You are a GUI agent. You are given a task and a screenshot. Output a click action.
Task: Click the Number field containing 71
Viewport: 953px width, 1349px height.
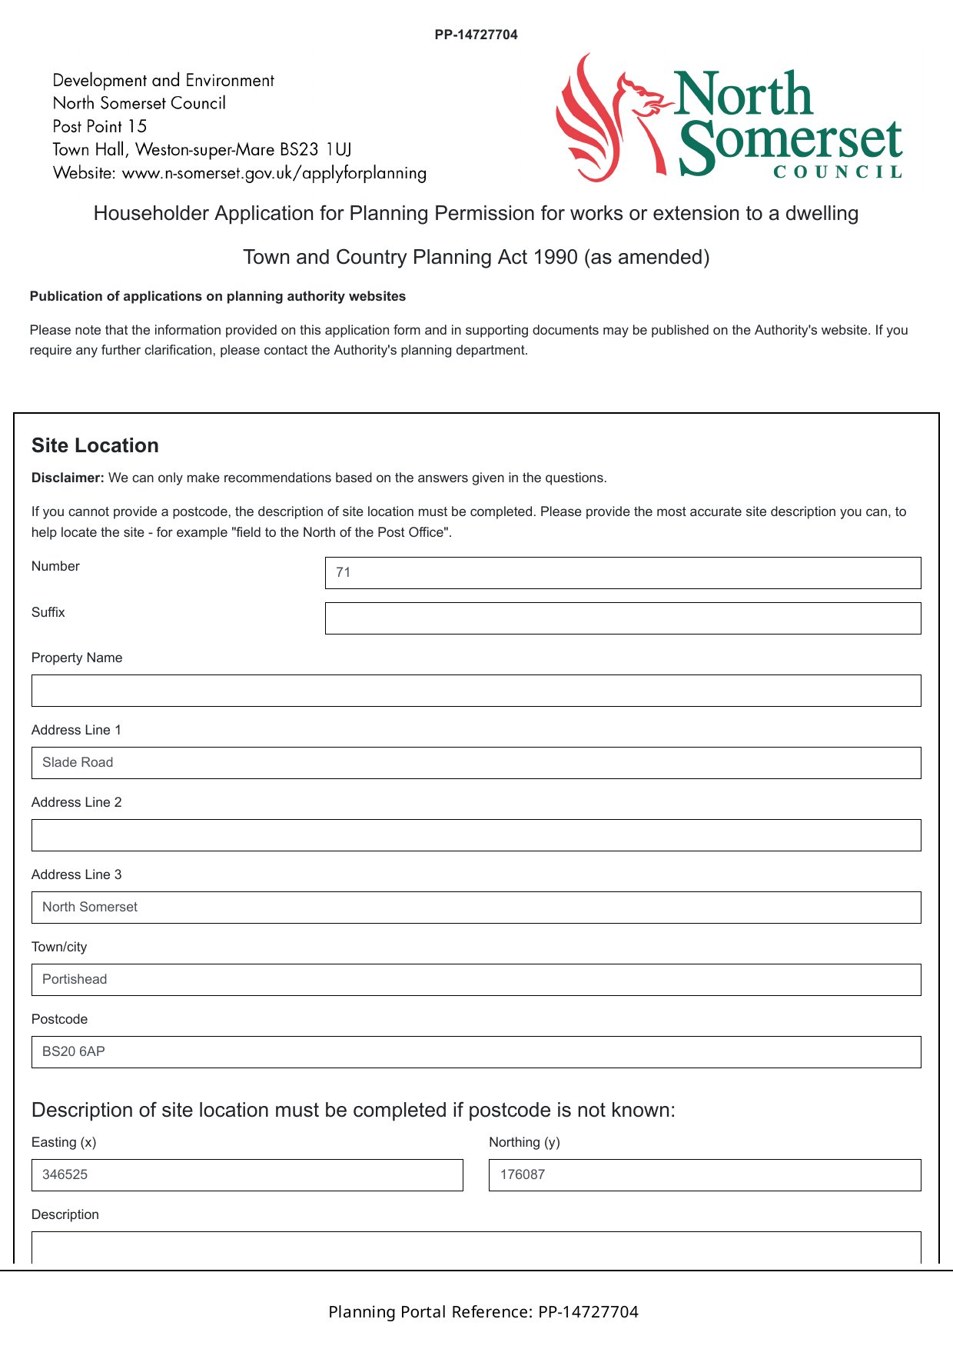coord(623,573)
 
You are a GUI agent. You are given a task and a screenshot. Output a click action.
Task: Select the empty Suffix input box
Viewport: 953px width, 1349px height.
coord(623,618)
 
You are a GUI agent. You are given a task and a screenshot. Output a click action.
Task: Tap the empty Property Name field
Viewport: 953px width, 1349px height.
coord(476,691)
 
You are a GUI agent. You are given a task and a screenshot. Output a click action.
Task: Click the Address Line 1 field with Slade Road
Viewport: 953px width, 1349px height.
coord(476,763)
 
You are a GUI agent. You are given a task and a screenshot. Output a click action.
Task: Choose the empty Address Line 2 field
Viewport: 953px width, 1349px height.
coord(476,835)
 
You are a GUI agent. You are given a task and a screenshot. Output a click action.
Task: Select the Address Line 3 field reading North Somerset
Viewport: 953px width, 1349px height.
coord(476,908)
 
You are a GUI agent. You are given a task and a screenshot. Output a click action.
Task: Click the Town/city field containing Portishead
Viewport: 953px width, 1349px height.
coord(476,980)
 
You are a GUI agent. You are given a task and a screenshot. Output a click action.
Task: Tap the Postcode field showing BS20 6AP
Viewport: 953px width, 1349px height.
coord(476,1052)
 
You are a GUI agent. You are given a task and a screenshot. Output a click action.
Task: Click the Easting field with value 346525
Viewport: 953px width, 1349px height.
coord(247,1175)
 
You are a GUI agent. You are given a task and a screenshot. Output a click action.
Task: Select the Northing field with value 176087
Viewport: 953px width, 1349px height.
coord(704,1175)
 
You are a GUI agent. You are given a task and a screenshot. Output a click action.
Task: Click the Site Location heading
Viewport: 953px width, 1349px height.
coord(95,445)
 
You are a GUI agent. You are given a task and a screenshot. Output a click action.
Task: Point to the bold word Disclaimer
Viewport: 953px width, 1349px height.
coord(68,478)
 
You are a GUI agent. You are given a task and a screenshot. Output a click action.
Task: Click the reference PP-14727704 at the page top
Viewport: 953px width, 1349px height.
coord(476,35)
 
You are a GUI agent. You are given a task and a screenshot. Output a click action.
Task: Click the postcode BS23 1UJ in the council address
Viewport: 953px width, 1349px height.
coord(315,149)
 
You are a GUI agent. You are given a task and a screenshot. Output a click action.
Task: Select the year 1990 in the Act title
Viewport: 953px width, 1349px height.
coord(555,257)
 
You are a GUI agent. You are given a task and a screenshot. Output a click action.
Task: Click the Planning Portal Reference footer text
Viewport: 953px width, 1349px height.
coord(483,1311)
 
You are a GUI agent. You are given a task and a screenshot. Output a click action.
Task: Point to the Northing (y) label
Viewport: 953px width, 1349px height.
coord(524,1142)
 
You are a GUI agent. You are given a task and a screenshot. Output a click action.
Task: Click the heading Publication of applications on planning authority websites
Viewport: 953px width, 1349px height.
coord(217,296)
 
